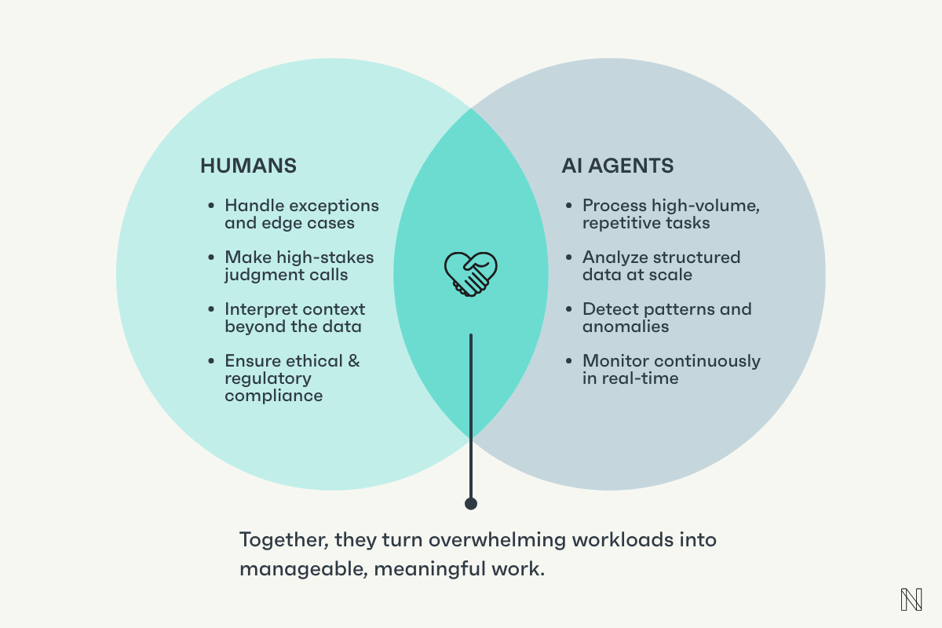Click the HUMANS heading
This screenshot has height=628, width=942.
tap(248, 166)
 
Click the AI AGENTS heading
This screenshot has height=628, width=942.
tap(617, 166)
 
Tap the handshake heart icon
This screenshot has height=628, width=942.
tap(471, 273)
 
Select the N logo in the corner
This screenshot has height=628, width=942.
tap(911, 599)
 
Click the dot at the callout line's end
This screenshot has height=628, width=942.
tap(471, 503)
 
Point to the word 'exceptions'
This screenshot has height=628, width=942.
tap(334, 206)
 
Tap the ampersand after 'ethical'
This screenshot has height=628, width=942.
tap(353, 361)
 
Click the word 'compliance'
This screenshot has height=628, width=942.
tap(273, 396)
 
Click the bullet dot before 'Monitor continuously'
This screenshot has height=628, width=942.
tap(569, 362)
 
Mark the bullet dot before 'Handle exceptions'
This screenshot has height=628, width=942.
tap(211, 206)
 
